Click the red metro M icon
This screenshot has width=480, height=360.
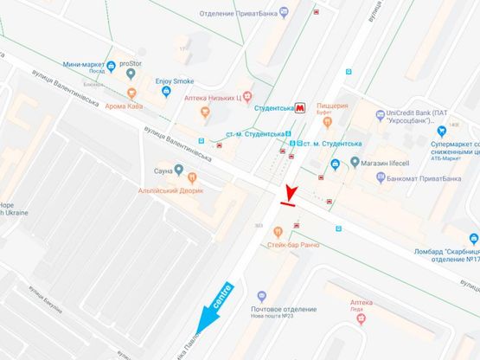[300, 108]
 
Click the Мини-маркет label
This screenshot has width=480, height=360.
[81, 65]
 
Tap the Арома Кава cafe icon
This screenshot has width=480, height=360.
[131, 93]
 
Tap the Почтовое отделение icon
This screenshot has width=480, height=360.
[262, 296]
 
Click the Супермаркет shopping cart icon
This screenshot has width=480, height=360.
[440, 132]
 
